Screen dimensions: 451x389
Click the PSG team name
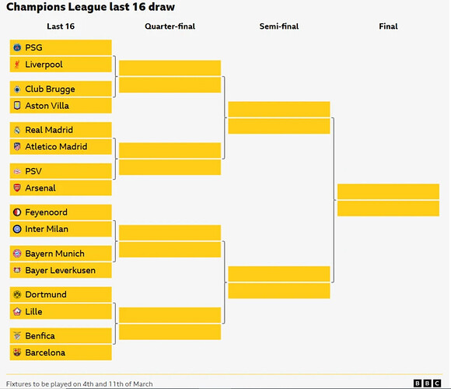33,47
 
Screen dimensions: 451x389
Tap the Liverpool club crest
17,65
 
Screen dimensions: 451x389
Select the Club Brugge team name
50,89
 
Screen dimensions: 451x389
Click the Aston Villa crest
17,106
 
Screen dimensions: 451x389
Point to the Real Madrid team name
49,130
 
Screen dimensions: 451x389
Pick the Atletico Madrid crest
17,147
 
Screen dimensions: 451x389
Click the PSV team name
33,171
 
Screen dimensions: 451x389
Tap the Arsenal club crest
17,187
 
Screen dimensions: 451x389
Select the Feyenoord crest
17,212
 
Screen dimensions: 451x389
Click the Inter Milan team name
47,229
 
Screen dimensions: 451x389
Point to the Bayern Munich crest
17,254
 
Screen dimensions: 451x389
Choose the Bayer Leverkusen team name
61,271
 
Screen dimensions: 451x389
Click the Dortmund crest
17,294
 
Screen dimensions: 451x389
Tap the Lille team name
33,311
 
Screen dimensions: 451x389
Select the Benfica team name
40,336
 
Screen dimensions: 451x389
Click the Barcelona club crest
17,352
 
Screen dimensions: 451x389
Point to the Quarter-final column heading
170,26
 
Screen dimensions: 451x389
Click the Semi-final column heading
279,26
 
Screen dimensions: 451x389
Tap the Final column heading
388,26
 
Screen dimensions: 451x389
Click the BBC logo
427,384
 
